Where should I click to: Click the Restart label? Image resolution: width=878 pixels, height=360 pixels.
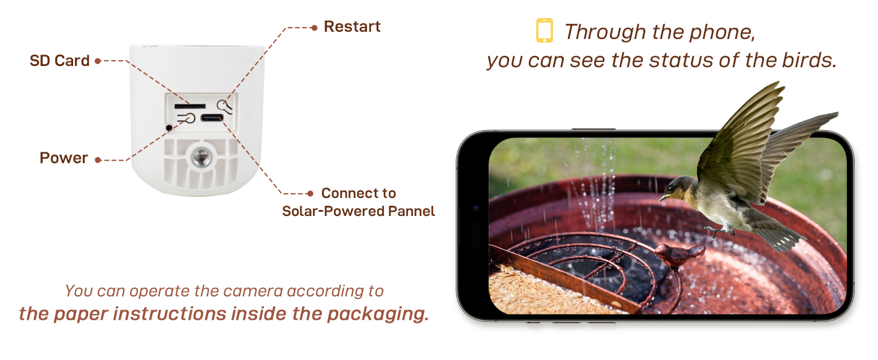[x=352, y=26]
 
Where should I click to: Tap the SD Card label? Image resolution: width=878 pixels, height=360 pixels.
[x=59, y=61]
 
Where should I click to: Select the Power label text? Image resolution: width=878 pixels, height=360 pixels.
[x=64, y=158]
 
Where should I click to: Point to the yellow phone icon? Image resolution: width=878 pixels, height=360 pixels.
[x=545, y=30]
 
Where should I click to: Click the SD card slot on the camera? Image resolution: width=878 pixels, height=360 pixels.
[x=190, y=106]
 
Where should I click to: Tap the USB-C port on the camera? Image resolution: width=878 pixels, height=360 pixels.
[x=212, y=118]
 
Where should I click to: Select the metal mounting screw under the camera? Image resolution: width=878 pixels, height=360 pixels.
[x=202, y=157]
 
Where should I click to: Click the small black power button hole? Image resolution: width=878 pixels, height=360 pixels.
[x=169, y=127]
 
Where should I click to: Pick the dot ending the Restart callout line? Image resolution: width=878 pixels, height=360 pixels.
[x=314, y=28]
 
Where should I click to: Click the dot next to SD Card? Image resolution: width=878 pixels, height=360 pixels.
[x=98, y=61]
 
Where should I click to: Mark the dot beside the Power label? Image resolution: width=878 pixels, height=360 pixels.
[x=98, y=160]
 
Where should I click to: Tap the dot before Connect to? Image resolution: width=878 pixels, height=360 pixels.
[x=310, y=193]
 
